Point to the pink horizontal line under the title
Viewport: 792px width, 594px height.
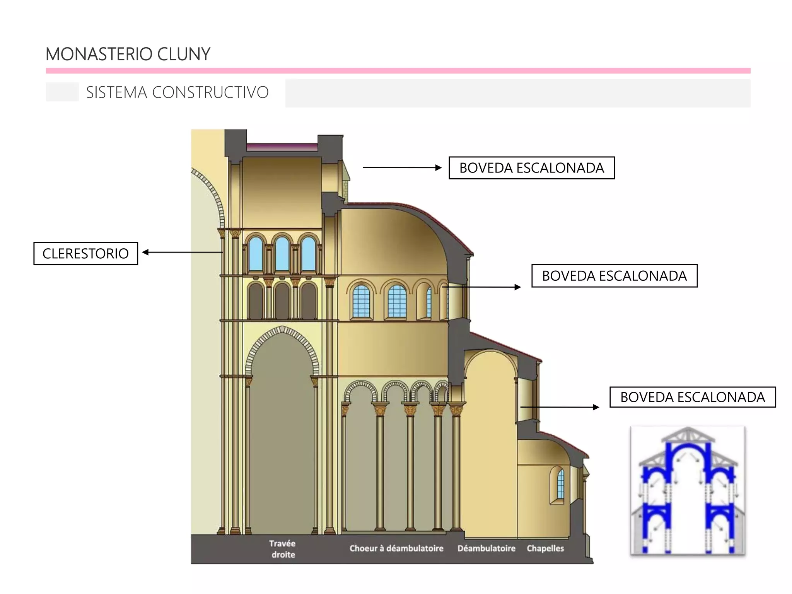(x=398, y=71)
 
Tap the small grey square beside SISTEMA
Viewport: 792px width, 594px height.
(x=62, y=92)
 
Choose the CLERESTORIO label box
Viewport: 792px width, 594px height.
(x=85, y=254)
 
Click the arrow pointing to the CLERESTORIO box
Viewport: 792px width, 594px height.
(x=182, y=253)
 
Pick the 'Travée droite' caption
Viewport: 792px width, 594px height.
(x=283, y=549)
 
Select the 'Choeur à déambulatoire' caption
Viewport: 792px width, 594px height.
(x=396, y=548)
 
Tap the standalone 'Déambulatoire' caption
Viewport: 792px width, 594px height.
(x=486, y=548)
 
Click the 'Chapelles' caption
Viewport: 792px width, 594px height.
(x=545, y=548)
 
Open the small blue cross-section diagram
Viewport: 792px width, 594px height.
(x=688, y=490)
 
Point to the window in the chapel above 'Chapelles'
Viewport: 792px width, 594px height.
(x=560, y=485)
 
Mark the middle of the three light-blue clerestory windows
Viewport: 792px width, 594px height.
(x=282, y=254)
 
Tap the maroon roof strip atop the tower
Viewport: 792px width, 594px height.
(x=282, y=147)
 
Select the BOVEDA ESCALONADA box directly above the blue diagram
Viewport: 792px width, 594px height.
(x=692, y=397)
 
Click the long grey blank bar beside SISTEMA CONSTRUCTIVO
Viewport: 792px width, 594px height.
(x=517, y=93)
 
